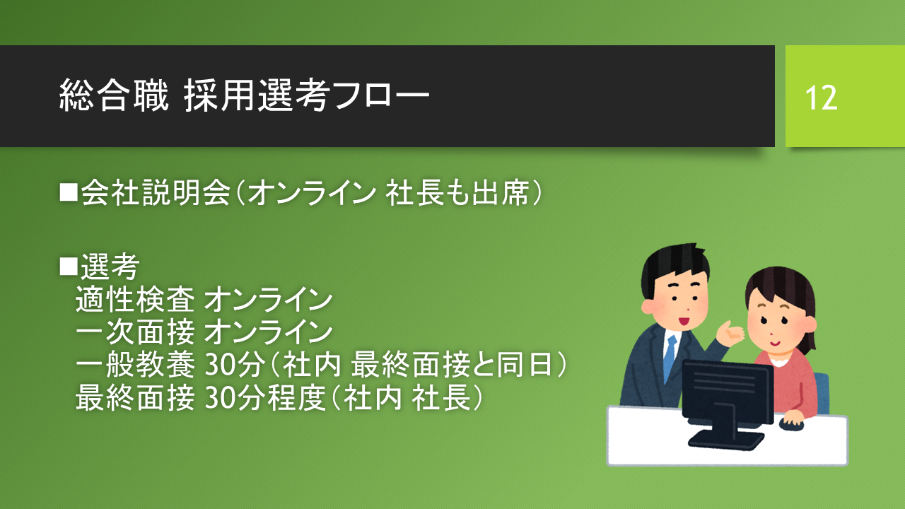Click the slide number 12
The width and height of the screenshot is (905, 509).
[x=821, y=98]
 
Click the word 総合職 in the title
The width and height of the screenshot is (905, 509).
[x=114, y=95]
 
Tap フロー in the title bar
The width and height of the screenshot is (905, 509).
[x=381, y=96]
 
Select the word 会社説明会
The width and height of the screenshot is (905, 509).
[x=156, y=193]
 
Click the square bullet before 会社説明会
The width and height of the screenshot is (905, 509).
[x=69, y=192]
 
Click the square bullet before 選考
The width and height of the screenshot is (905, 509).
[x=69, y=267]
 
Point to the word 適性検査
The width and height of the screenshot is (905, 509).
[x=135, y=299]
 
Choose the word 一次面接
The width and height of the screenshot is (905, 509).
[x=135, y=332]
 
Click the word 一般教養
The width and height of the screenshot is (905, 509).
[x=135, y=364]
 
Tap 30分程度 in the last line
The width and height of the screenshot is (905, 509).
[x=265, y=397]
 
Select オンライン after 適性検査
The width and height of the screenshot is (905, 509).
[x=268, y=300]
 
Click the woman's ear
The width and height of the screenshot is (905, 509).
[x=810, y=324]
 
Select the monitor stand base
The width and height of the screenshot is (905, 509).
[x=725, y=439]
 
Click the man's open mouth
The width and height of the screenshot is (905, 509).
[x=683, y=321]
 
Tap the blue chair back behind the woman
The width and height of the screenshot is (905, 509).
[x=822, y=393]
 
